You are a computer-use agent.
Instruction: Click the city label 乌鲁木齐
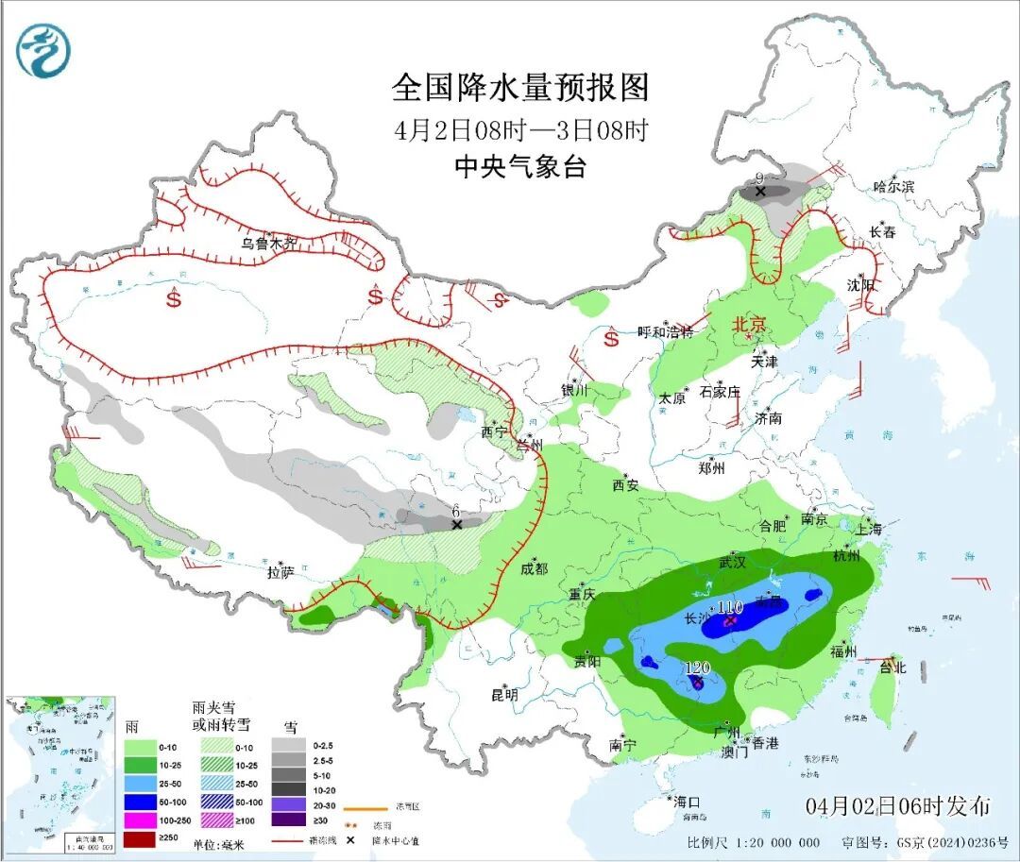coord(268,244)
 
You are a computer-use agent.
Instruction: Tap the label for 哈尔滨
coord(893,187)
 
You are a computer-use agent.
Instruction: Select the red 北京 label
coord(753,325)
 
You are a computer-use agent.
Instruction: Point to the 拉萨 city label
coord(280,572)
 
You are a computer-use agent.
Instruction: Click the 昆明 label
coord(504,695)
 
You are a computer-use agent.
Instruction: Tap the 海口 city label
coord(687,803)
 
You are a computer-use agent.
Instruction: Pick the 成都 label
coord(534,567)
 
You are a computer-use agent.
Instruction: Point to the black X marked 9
coord(760,192)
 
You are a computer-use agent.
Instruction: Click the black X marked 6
coord(456,523)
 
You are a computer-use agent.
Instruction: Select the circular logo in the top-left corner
coord(43,51)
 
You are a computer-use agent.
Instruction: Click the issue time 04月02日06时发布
coord(898,806)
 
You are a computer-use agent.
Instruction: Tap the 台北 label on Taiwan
coord(892,668)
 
